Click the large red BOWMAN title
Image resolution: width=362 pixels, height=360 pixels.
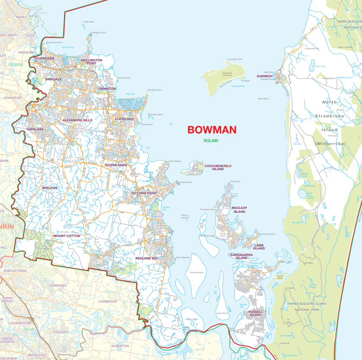(212, 130)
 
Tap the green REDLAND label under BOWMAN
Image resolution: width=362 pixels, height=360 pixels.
(211, 141)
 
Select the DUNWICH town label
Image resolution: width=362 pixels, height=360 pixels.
(264, 76)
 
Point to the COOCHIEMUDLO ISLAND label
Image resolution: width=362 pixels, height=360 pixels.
(218, 167)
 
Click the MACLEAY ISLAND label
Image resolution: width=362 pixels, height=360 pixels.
(239, 210)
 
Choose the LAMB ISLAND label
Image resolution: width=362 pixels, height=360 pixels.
(259, 247)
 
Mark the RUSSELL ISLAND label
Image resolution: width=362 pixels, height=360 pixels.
(256, 313)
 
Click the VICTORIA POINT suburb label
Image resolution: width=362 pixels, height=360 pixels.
(144, 193)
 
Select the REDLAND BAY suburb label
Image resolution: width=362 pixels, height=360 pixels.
(147, 258)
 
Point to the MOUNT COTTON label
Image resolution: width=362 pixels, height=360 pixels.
(67, 236)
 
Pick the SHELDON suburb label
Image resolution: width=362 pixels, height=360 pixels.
(49, 188)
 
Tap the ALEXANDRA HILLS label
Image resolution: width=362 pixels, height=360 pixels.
(77, 120)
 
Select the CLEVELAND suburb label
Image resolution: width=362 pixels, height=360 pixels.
(124, 119)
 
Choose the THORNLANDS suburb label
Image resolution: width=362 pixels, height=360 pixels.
(115, 165)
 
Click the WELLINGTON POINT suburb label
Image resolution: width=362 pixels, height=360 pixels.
(92, 62)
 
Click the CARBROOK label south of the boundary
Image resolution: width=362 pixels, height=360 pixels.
(108, 301)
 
